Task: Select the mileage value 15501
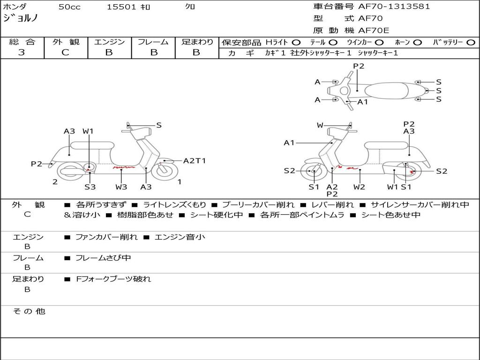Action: [x=121, y=7]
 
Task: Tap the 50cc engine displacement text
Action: [x=69, y=7]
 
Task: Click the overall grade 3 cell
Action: [x=22, y=52]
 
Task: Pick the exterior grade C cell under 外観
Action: [x=65, y=52]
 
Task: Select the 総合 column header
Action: [x=22, y=42]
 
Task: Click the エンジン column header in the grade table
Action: [x=109, y=42]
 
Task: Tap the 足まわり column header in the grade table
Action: [x=197, y=42]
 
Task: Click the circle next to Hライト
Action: [x=296, y=43]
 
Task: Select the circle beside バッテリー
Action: [x=470, y=43]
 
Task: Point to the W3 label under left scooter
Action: [x=121, y=187]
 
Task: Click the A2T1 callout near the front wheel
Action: [x=195, y=161]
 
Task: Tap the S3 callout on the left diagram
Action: [x=90, y=187]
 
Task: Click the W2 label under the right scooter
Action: [x=360, y=187]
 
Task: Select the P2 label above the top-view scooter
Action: [x=359, y=66]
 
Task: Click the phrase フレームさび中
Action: [x=103, y=258]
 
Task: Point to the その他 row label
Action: [x=29, y=311]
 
